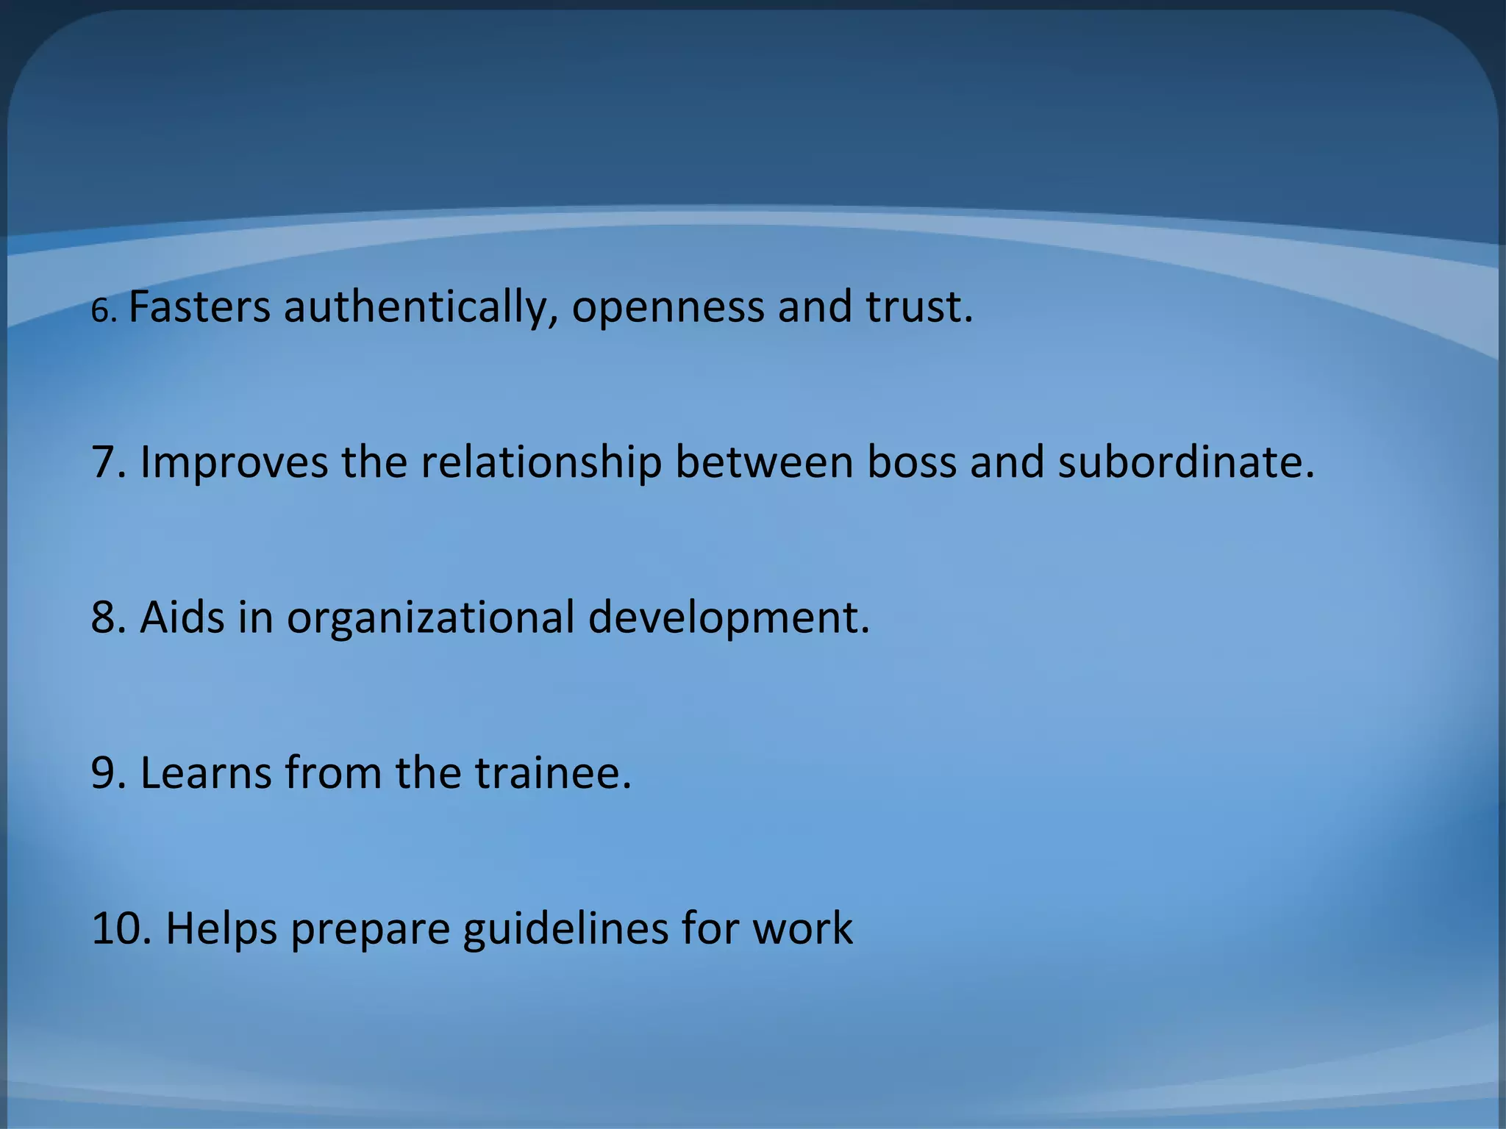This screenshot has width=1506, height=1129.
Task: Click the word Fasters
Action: point(199,307)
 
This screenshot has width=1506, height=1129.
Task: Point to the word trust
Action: point(918,307)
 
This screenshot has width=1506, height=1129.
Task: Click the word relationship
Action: point(540,463)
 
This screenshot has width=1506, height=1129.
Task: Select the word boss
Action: point(911,462)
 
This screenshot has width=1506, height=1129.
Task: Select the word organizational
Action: point(430,618)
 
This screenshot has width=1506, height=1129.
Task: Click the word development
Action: point(728,618)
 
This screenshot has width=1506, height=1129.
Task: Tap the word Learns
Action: point(206,773)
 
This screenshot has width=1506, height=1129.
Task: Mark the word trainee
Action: point(552,773)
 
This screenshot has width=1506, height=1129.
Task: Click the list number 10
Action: point(121,928)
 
